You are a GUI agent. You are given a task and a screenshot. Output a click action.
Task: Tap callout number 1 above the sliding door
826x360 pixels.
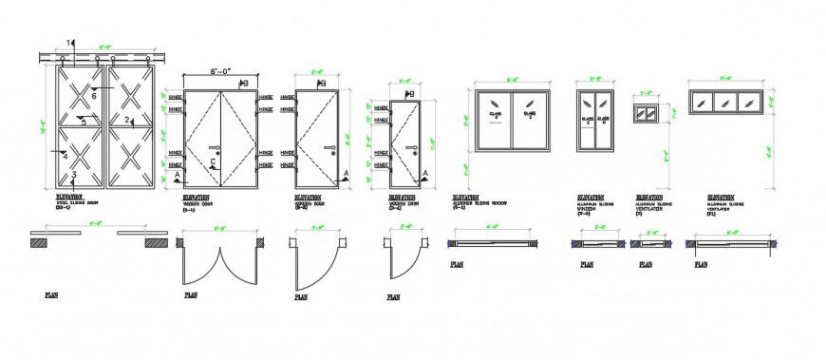pos(68,42)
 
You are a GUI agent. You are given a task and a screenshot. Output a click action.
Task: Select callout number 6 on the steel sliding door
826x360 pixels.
pos(94,96)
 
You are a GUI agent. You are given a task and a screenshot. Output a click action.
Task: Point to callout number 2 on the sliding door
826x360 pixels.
pos(126,120)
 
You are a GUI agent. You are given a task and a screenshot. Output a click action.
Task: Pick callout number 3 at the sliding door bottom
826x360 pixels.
pos(74,175)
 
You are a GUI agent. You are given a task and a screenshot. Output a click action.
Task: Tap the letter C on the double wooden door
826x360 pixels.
pos(213,162)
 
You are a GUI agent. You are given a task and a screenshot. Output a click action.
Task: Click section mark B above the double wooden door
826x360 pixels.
pos(244,84)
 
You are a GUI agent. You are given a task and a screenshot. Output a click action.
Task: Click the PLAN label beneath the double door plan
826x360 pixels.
pos(191,295)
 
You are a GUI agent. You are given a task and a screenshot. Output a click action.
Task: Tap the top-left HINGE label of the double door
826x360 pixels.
pos(175,97)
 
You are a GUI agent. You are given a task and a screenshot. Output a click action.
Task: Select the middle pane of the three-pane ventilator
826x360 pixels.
pos(723,101)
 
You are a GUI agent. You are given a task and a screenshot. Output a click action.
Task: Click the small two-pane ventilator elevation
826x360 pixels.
pos(646,112)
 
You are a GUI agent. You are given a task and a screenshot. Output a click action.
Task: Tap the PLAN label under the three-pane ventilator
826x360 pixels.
pos(701,265)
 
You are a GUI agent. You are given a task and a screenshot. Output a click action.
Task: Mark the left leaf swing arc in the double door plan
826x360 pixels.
pos(199,267)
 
